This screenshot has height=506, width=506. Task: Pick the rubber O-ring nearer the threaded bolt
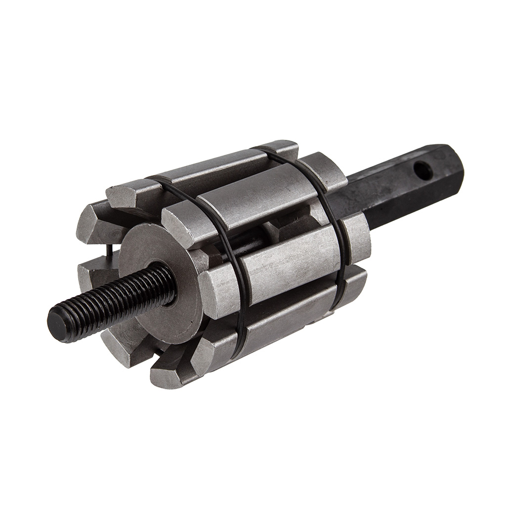tap(232, 257)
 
